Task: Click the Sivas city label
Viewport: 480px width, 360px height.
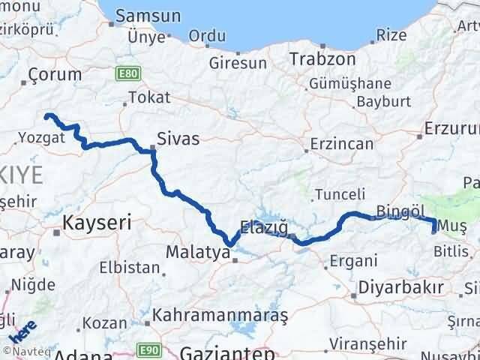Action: coord(178,138)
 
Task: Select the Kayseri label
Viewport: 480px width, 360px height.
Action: coord(97,222)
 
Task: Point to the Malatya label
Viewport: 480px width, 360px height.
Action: coord(197,252)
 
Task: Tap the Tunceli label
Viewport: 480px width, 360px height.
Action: coord(340,194)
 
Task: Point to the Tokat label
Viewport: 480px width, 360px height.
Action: coord(149,97)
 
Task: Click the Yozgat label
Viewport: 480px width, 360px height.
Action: coord(37,137)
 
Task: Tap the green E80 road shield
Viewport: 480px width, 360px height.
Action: coord(124,73)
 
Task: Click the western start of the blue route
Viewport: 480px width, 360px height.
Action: coord(47,115)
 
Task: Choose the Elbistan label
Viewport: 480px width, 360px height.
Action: coord(134,268)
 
